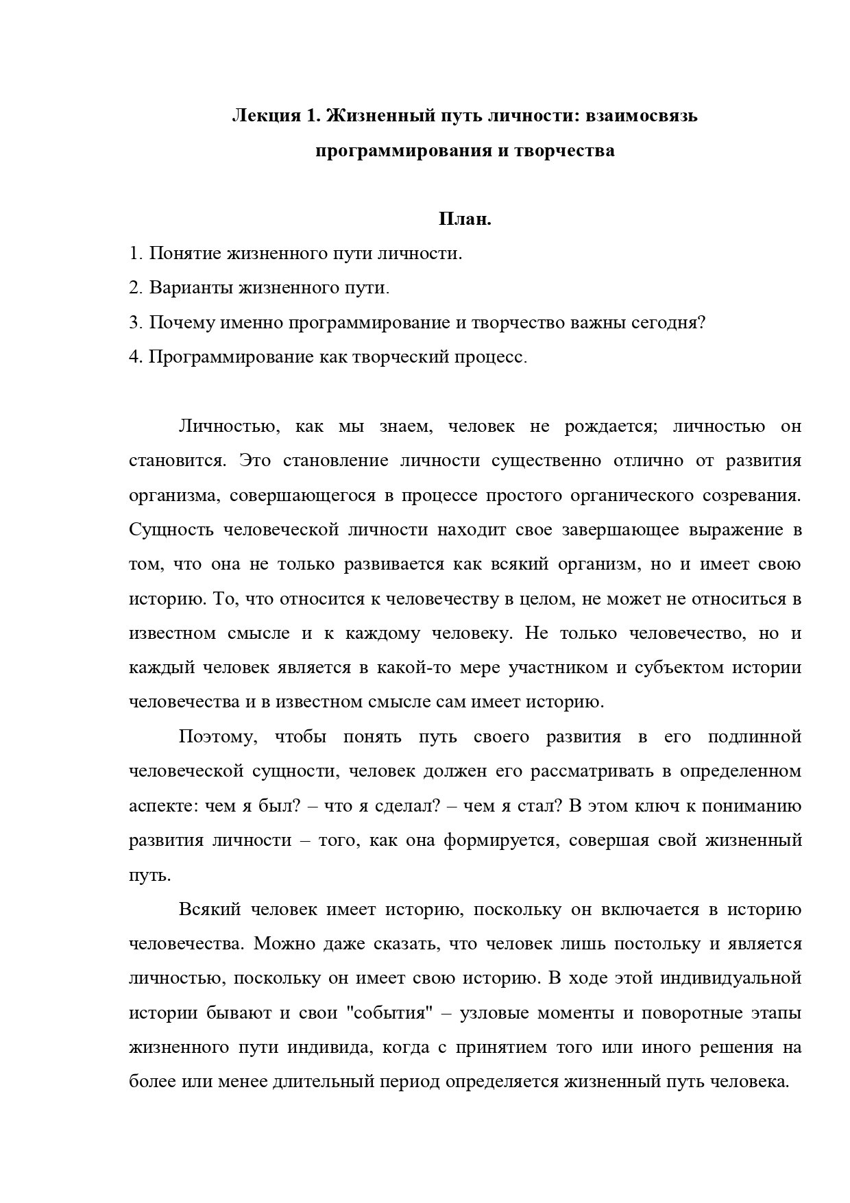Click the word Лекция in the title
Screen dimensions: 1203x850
point(263,116)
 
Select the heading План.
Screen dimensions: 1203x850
point(465,219)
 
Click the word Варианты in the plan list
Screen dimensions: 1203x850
point(190,288)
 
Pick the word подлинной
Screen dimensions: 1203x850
point(754,737)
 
